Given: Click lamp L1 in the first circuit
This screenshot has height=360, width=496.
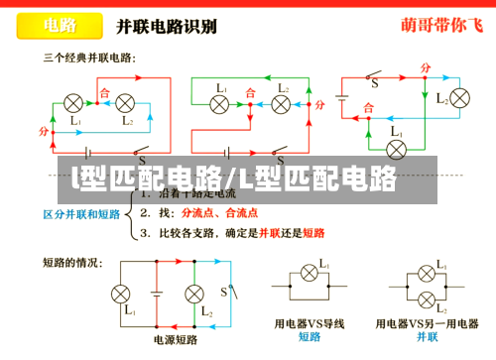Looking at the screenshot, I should [x=73, y=103].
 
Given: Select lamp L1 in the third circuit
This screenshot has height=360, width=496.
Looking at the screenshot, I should [x=396, y=149].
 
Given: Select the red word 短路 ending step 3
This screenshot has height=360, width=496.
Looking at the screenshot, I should [x=313, y=234].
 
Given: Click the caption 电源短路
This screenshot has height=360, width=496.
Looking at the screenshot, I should [x=174, y=338].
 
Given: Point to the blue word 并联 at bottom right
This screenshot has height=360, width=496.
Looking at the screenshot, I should [x=428, y=337].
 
